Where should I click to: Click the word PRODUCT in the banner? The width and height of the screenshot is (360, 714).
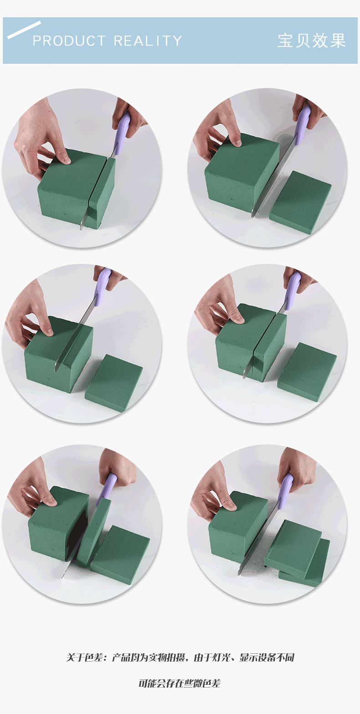(x=69, y=41)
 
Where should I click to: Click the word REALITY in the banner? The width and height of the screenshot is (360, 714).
(x=148, y=41)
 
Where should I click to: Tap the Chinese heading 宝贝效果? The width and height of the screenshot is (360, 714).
(x=312, y=41)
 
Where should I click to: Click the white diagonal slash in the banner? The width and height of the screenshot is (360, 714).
(x=24, y=30)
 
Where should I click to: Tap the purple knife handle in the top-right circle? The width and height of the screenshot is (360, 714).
(x=302, y=121)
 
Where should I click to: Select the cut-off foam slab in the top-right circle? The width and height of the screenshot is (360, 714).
(x=300, y=201)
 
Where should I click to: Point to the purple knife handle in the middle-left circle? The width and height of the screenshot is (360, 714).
(x=103, y=282)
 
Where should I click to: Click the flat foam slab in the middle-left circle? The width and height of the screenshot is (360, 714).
(x=114, y=382)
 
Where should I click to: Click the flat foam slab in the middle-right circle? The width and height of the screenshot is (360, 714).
(x=307, y=371)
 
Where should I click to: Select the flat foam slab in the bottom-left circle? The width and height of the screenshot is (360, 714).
(x=120, y=555)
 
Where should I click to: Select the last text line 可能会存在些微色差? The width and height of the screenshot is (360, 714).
(x=180, y=683)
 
